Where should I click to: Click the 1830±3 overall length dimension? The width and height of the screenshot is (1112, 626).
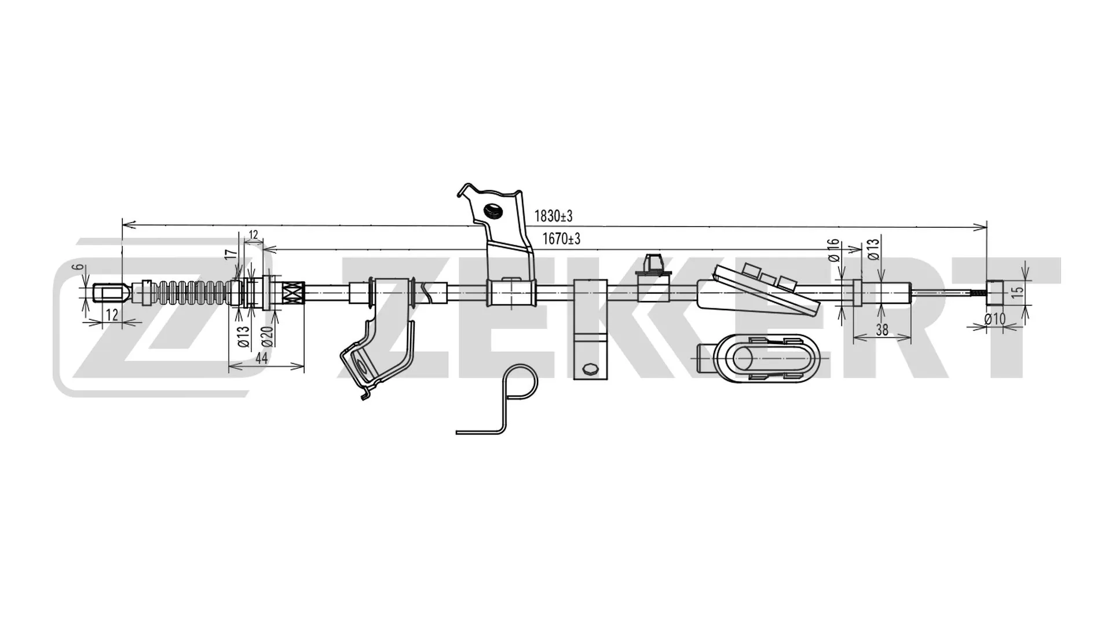pos(553,216)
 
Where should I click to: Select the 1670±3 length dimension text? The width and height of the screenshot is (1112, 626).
pos(561,238)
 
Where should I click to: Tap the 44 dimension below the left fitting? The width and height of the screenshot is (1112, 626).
pos(261,358)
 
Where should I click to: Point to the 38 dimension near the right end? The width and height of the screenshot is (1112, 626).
pos(881,330)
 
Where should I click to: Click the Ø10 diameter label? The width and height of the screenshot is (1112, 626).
pos(995,319)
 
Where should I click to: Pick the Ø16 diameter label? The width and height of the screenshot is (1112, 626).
pos(833,250)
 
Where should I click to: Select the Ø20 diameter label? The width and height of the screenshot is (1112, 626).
pos(266,336)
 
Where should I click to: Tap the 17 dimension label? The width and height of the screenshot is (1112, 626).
pos(231,254)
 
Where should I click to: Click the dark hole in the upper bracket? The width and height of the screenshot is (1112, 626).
pos(493,212)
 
